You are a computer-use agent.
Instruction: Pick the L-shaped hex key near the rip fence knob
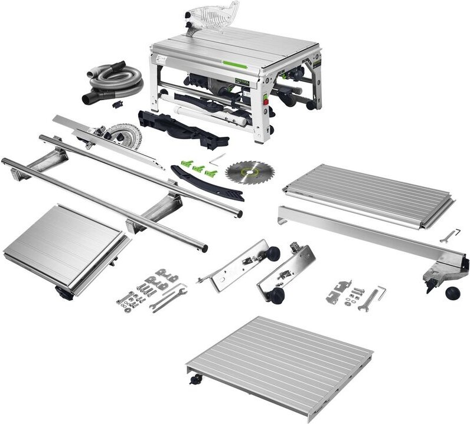click(x=381, y=291)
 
